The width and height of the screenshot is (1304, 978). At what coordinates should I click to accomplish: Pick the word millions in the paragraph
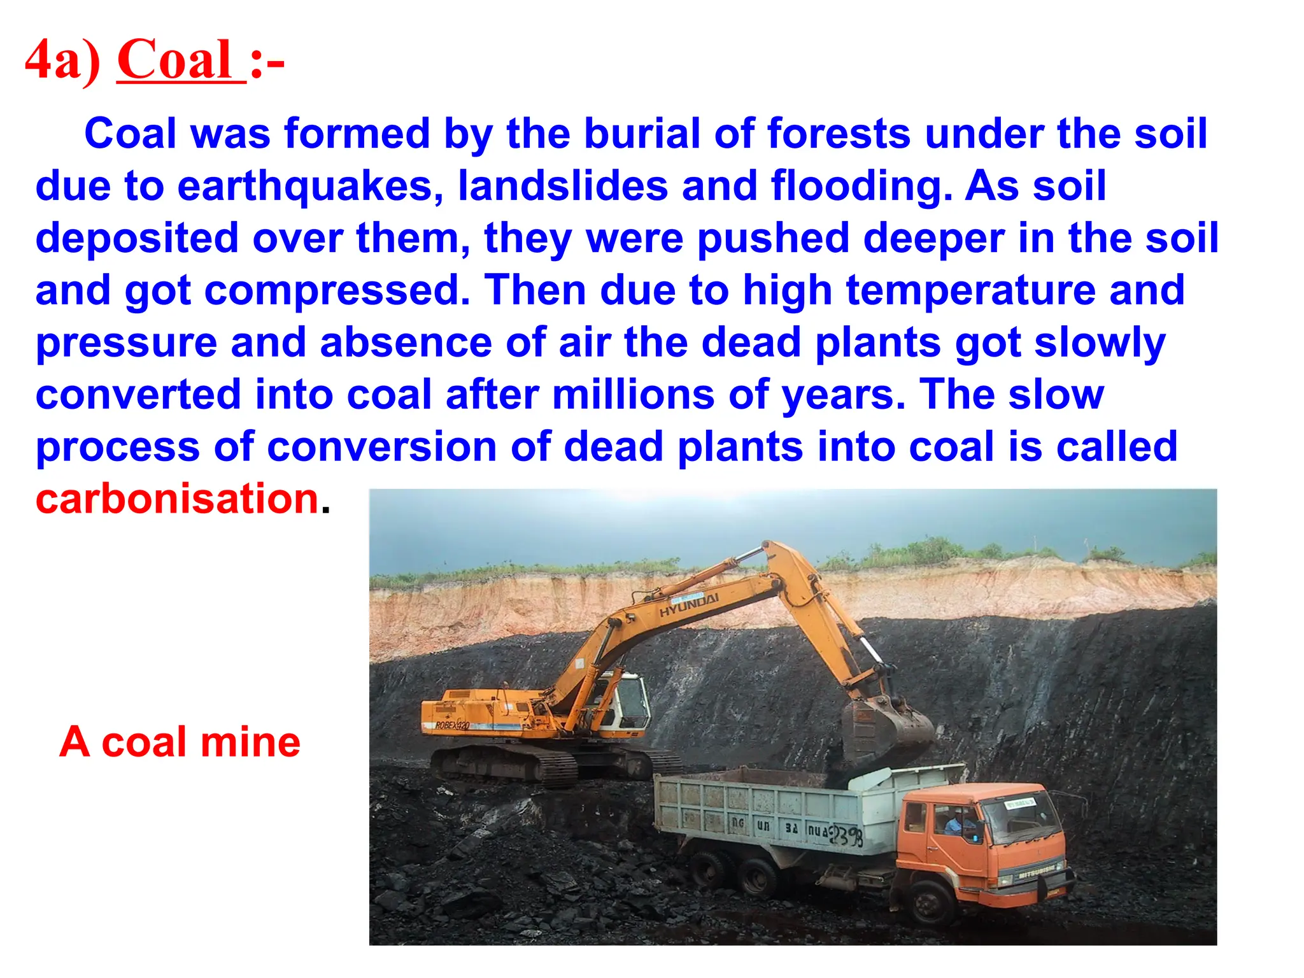633,395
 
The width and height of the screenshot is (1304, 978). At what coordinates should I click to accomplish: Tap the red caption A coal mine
180,742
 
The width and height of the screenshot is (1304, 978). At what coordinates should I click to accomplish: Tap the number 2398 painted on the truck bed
847,835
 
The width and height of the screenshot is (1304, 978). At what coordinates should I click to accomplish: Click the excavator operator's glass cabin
624,700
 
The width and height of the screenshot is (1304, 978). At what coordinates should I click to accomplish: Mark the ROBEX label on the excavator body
452,725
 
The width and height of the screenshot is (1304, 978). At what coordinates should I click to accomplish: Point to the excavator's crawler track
509,764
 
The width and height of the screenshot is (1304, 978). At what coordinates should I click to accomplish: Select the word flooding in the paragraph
861,186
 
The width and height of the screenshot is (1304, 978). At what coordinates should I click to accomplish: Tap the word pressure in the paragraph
127,343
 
